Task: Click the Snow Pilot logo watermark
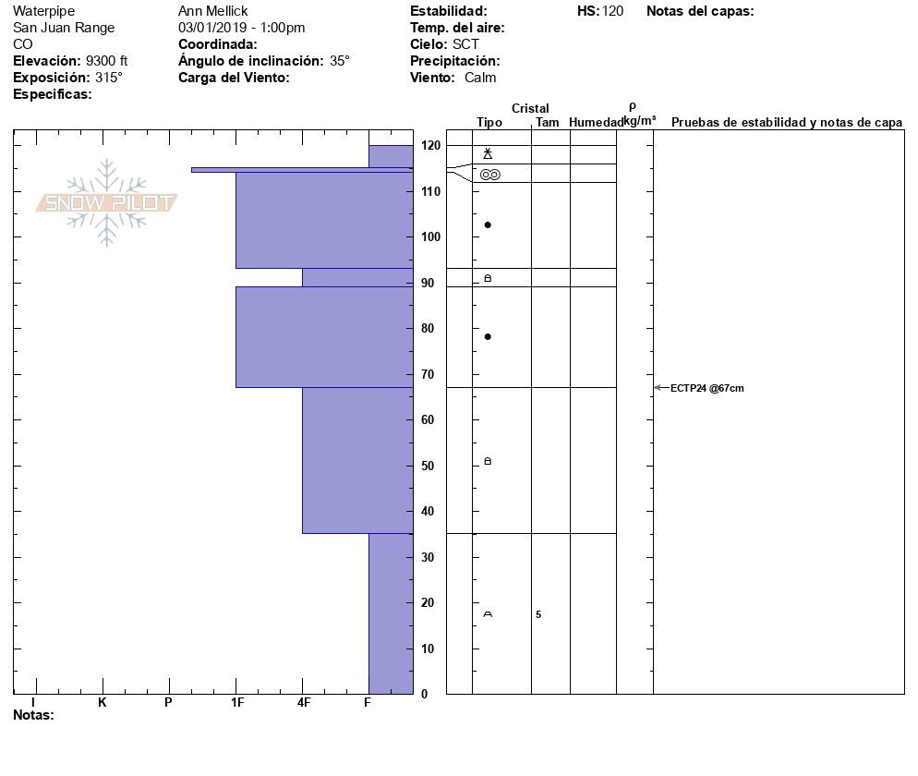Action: [x=106, y=202]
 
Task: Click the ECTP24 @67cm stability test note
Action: [x=707, y=388]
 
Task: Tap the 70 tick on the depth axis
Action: [x=429, y=374]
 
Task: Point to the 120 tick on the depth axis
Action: [x=429, y=145]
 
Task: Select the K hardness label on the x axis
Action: [x=102, y=703]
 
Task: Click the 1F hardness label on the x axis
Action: [x=237, y=703]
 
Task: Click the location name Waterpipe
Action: [x=43, y=11]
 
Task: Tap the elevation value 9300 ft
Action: [x=106, y=61]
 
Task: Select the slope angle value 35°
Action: [x=340, y=61]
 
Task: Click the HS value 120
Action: [x=612, y=11]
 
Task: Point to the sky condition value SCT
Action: [x=465, y=44]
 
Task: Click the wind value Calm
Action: [x=480, y=78]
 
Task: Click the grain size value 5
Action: [x=538, y=614]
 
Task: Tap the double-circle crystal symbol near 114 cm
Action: [x=489, y=175]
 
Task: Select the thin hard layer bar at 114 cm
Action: [x=301, y=170]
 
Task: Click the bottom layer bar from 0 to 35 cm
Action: [x=390, y=613]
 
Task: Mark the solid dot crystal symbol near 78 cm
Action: [x=488, y=336]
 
